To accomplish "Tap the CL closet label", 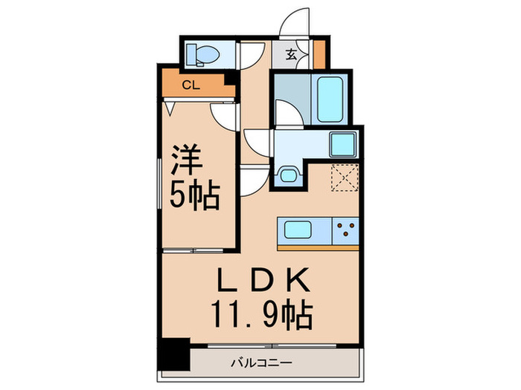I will [191, 85].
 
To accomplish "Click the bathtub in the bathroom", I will [330, 99].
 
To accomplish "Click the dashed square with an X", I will [344, 178].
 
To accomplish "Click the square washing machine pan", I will [345, 143].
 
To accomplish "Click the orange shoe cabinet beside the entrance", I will [319, 53].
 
